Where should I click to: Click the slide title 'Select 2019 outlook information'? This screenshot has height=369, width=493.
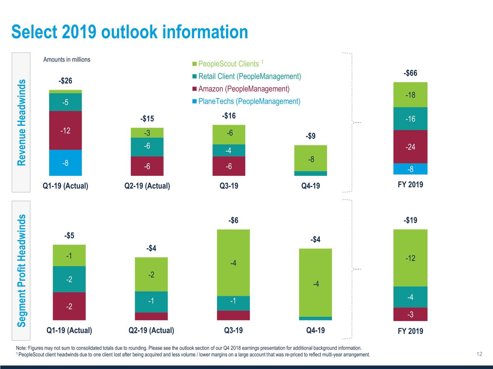(130, 32)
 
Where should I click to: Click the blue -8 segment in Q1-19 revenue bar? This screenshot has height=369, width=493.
(65, 163)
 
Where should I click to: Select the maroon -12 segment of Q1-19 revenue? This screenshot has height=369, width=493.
(65, 130)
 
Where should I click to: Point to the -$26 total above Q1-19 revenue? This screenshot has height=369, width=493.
(65, 81)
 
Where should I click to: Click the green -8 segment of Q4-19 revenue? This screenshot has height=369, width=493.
(311, 159)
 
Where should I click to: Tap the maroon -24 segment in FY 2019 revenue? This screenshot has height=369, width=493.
(410, 147)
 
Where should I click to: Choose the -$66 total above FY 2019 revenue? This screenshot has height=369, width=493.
(410, 73)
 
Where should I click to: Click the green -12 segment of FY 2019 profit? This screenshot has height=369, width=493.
(410, 258)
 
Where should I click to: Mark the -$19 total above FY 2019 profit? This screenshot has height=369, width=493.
(410, 220)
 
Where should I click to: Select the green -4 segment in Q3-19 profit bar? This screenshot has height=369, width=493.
(233, 263)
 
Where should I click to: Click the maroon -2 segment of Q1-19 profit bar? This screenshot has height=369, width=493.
(69, 306)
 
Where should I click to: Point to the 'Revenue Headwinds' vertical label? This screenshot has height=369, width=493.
(22, 123)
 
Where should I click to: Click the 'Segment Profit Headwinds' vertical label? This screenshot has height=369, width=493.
(22, 270)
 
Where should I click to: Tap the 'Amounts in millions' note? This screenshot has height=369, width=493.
(67, 60)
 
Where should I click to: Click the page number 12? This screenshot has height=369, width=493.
(479, 354)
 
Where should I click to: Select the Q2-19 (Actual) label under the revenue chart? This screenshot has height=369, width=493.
(147, 186)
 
